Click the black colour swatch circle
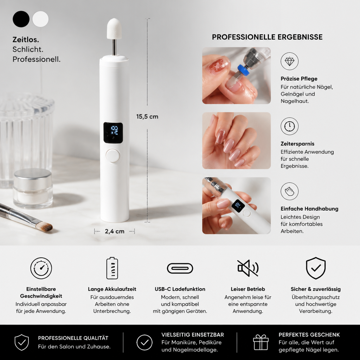[x=21, y=19]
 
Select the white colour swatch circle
[x=40, y=19]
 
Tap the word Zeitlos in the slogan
[x=25, y=39]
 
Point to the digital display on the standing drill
[x=113, y=133]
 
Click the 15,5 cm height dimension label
[x=147, y=117]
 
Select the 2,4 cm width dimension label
[x=115, y=231]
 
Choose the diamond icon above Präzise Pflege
[x=290, y=61]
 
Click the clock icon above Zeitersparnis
[x=290, y=126]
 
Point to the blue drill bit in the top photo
[x=244, y=70]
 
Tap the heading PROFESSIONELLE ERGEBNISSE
[x=267, y=37]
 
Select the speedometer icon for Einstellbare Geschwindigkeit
[x=41, y=268]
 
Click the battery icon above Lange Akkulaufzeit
[x=112, y=268]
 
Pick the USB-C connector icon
[x=180, y=268]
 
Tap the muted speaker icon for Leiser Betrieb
[x=248, y=268]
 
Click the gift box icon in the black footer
[x=261, y=342]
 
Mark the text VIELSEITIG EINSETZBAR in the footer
[x=193, y=335]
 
